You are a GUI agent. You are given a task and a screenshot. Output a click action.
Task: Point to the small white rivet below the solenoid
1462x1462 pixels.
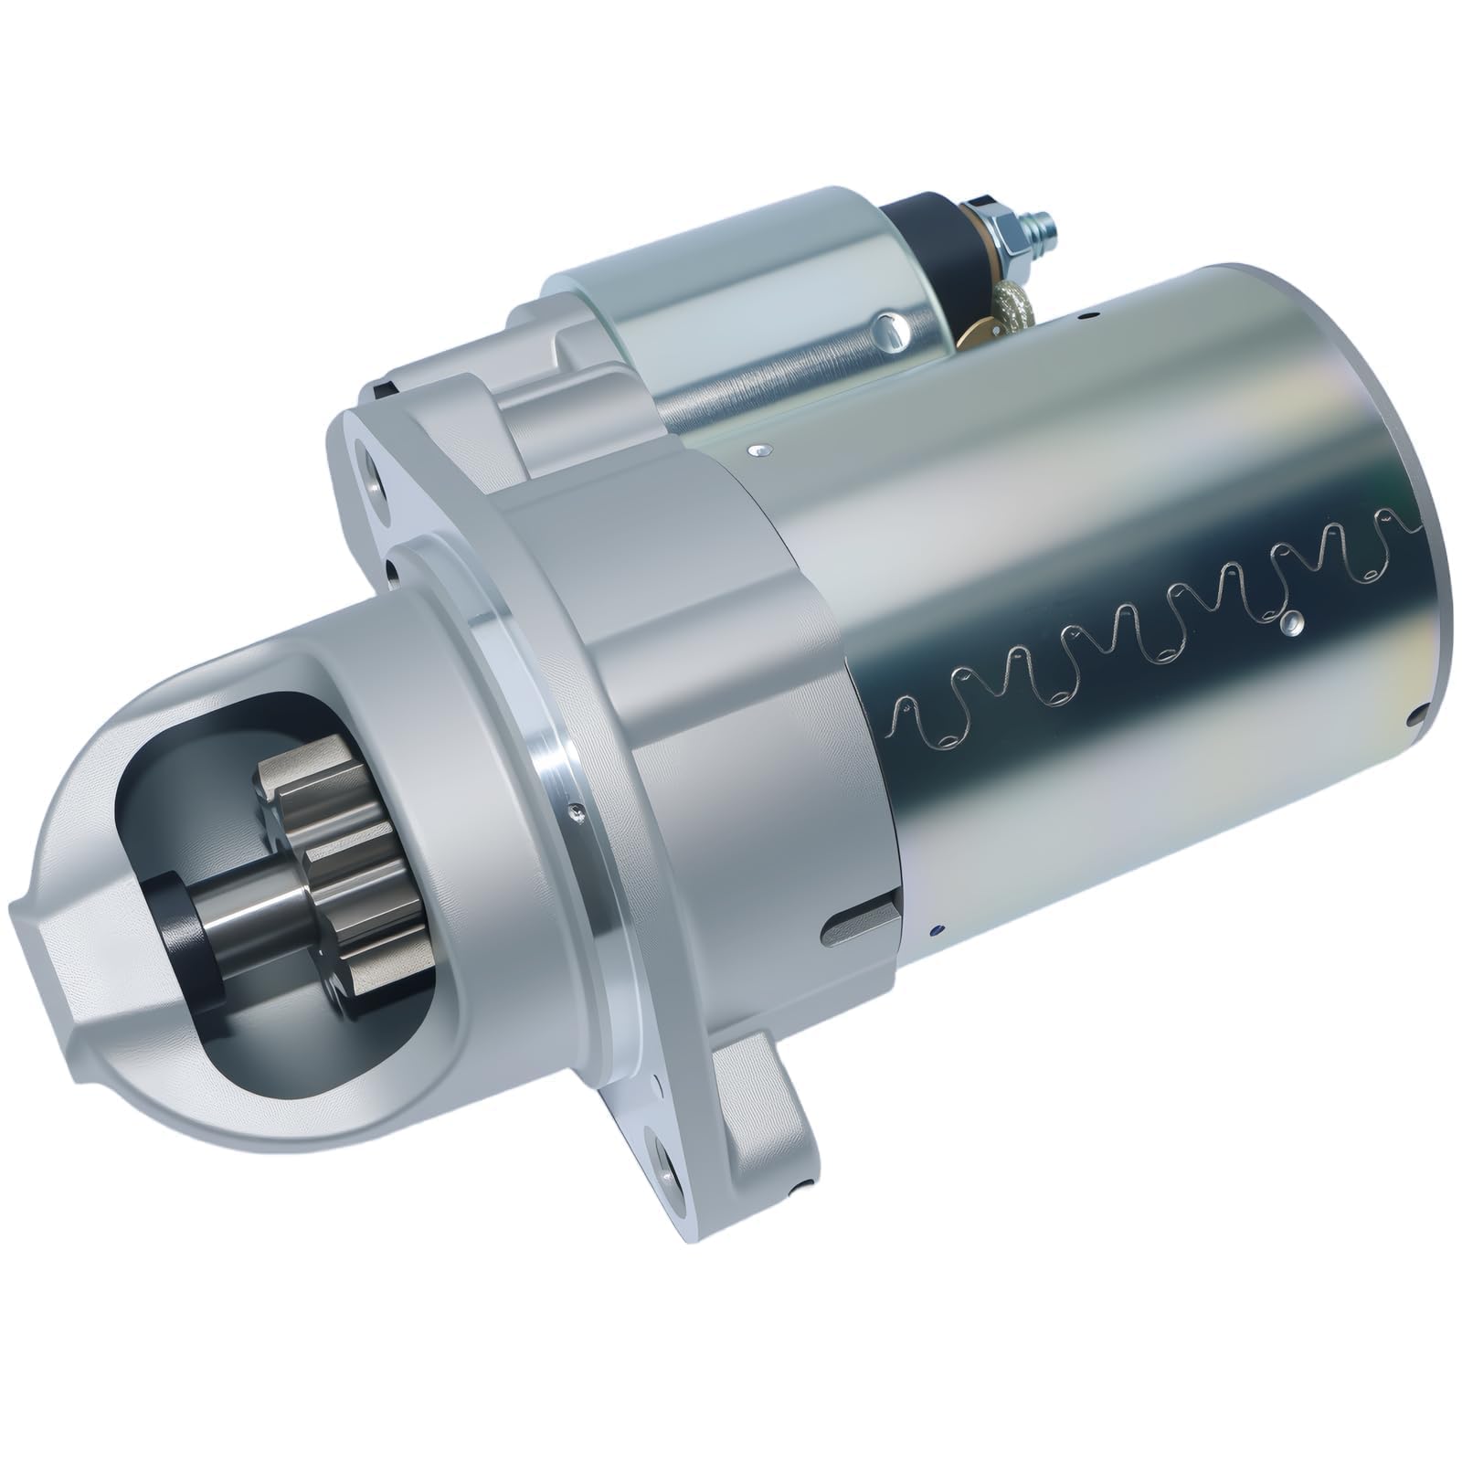757,449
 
